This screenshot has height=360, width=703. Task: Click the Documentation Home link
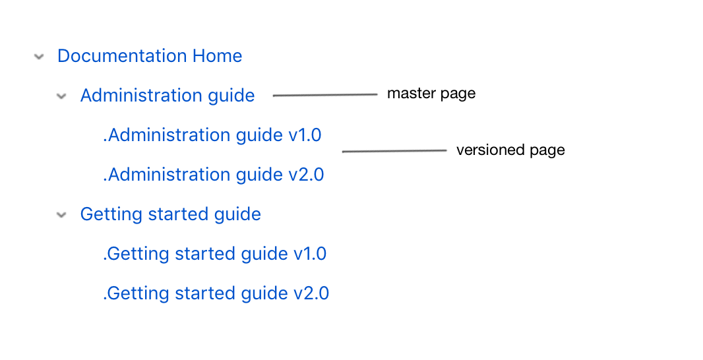[150, 56]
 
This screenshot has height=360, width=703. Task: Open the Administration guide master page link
[168, 96]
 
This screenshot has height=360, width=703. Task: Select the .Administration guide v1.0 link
[212, 135]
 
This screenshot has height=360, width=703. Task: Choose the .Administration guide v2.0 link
[213, 175]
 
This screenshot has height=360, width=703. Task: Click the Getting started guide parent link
[170, 214]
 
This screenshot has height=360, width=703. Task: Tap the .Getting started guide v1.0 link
[214, 254]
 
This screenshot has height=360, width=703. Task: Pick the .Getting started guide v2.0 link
[216, 293]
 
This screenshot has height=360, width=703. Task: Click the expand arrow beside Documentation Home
[39, 57]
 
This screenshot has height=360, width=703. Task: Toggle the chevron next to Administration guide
[61, 96]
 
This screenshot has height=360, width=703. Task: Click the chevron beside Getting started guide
[61, 215]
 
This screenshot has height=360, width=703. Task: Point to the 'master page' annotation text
[431, 94]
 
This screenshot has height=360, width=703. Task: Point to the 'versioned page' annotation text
[510, 150]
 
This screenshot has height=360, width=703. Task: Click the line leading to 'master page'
[324, 95]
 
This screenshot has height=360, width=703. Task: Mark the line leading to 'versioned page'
[394, 151]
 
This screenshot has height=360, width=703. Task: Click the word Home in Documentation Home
[218, 56]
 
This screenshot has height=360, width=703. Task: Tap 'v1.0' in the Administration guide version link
[305, 135]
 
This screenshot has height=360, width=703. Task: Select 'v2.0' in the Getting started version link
[311, 293]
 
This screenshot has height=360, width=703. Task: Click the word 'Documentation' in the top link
[122, 56]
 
